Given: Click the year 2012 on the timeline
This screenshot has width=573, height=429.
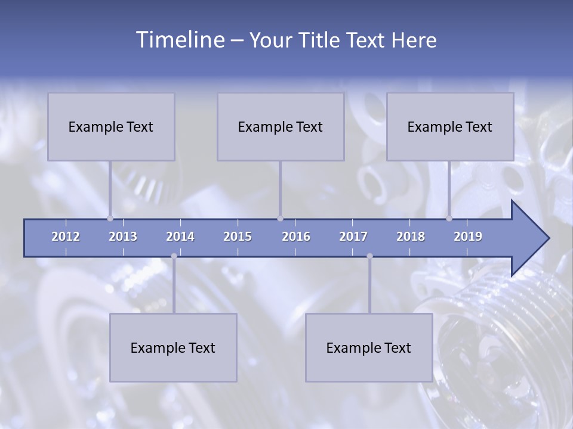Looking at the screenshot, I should pyautogui.click(x=66, y=237).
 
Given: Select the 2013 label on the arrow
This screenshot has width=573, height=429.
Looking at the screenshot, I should pyautogui.click(x=123, y=237).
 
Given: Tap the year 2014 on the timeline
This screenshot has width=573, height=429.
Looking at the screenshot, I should pyautogui.click(x=180, y=237).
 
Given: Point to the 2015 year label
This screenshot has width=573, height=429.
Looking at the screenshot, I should pyautogui.click(x=238, y=237).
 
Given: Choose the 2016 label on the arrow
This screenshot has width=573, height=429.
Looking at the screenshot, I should pyautogui.click(x=296, y=237).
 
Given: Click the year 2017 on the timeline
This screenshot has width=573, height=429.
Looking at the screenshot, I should pyautogui.click(x=353, y=237).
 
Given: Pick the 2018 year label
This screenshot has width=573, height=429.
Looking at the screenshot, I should pyautogui.click(x=411, y=237).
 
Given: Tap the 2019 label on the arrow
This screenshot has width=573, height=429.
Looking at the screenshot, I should pyautogui.click(x=468, y=237).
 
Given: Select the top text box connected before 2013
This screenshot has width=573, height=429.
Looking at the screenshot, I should pyautogui.click(x=111, y=126).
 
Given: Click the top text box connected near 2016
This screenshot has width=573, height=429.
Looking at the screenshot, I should pyautogui.click(x=281, y=126).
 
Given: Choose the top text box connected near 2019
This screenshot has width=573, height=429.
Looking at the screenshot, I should pyautogui.click(x=450, y=126).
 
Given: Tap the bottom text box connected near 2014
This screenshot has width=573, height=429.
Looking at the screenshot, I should pyautogui.click(x=173, y=347).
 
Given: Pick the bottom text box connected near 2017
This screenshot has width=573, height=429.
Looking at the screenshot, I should pyautogui.click(x=369, y=347).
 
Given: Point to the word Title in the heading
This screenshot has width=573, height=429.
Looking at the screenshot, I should pyautogui.click(x=323, y=41).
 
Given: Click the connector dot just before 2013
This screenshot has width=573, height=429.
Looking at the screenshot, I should pyautogui.click(x=110, y=218).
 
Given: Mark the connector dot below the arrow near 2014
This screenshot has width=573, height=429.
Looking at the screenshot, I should pyautogui.click(x=174, y=256).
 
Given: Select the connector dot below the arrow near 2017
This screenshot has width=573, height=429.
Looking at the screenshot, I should pyautogui.click(x=369, y=256).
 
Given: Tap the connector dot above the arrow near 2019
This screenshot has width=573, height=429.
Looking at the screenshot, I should pyautogui.click(x=449, y=218).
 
